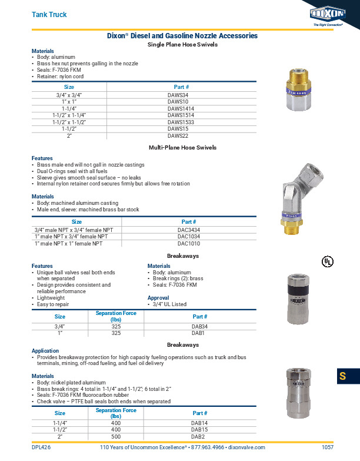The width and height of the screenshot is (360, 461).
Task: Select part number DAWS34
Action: (178, 95)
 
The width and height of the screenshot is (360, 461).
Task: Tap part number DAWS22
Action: (178, 135)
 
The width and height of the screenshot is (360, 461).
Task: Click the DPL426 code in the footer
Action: (41, 447)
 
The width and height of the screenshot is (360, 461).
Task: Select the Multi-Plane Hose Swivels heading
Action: (182, 147)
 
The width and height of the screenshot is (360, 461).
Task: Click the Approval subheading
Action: (158, 298)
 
